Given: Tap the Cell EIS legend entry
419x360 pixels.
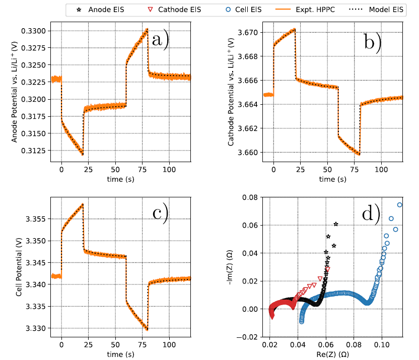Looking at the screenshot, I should (x=237, y=10).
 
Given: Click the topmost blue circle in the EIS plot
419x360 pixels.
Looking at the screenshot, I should (x=400, y=205).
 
